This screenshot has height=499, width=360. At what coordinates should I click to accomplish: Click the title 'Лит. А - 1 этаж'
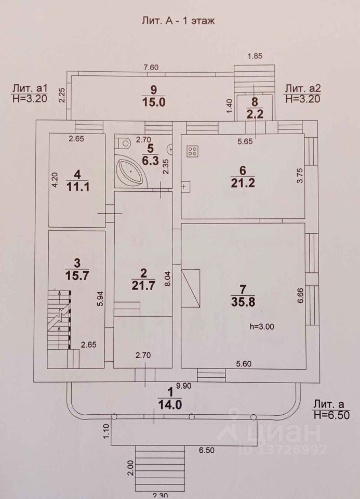(178, 21)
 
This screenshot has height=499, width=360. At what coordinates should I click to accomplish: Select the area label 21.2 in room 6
(242, 182)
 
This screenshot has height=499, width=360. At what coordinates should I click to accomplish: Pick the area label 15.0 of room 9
(153, 102)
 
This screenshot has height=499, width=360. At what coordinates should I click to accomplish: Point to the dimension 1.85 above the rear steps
(255, 57)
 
